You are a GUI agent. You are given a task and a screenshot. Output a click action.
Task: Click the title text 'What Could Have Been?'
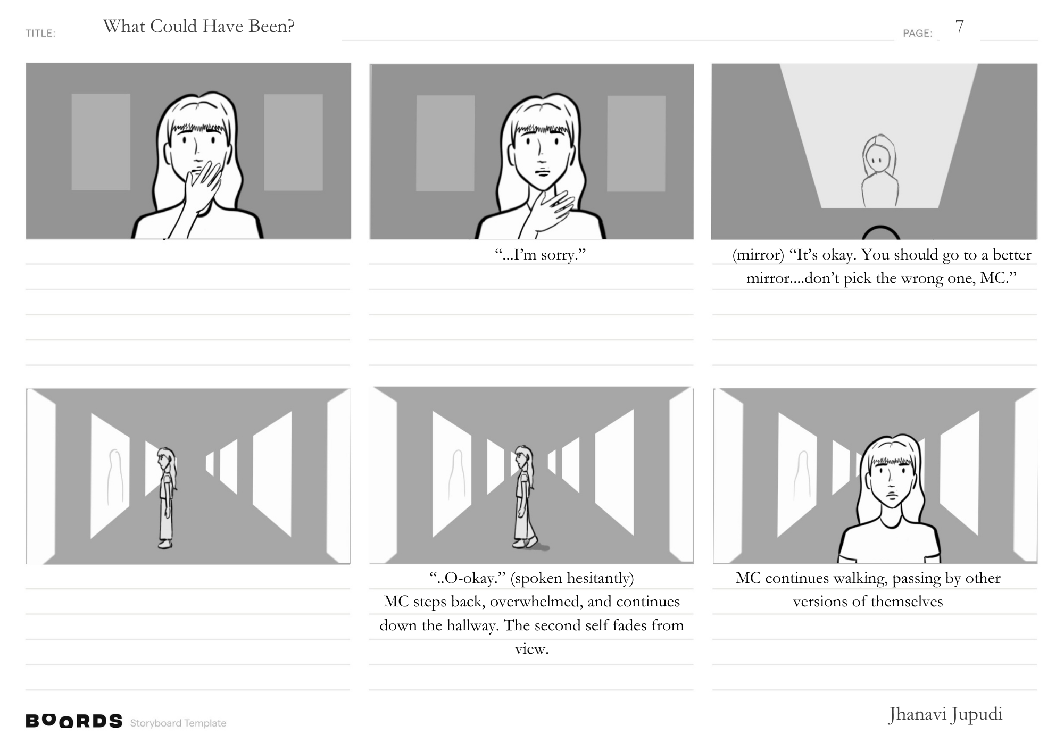198,27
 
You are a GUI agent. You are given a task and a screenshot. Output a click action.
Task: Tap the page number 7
959,27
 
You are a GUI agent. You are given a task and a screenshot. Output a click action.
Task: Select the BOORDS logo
74,721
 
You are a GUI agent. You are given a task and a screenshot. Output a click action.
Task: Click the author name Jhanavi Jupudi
945,715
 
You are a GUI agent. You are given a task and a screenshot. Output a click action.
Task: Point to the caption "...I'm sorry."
540,255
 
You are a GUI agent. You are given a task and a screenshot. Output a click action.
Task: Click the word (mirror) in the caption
758,255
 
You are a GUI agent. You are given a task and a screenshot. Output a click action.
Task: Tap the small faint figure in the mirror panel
880,171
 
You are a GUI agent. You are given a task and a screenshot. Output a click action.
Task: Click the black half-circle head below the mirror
880,232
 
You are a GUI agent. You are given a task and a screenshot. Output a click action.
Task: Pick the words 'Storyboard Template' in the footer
178,723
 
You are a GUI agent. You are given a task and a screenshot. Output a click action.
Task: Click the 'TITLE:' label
40,34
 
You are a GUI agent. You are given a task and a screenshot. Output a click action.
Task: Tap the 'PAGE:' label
918,34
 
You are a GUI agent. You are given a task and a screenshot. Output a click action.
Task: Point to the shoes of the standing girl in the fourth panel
165,544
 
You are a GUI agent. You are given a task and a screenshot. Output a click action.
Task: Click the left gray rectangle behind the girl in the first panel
101,142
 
